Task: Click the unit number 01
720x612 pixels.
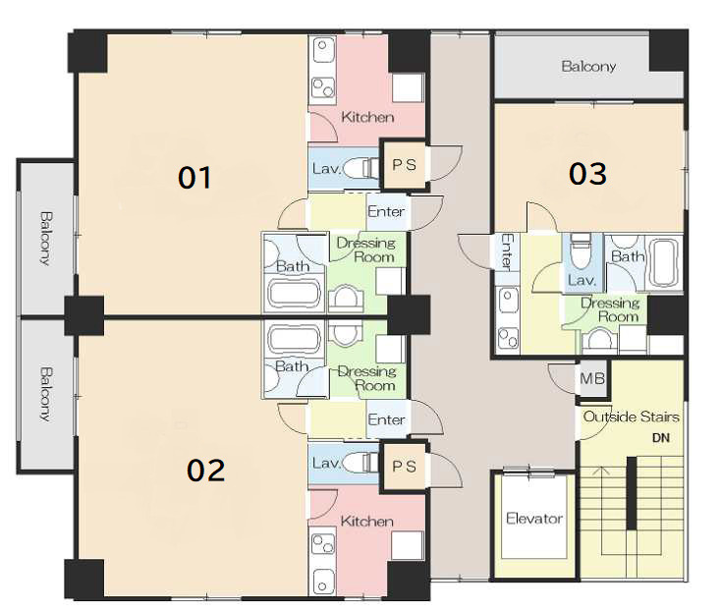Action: click(194, 178)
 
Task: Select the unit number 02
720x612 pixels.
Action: click(205, 471)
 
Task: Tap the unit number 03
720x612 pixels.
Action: click(587, 174)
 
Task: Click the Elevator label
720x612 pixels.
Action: click(534, 519)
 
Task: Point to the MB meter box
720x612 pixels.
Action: click(592, 379)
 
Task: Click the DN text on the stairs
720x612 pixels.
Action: click(661, 438)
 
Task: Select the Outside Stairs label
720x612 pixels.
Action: click(631, 417)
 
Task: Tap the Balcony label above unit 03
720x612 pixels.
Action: click(588, 66)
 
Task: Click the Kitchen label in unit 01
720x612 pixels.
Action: click(367, 117)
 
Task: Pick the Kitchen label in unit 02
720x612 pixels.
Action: click(367, 521)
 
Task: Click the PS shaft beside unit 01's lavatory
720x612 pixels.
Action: click(404, 165)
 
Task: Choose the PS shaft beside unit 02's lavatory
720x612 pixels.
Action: click(404, 467)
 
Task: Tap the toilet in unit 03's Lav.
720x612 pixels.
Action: click(581, 250)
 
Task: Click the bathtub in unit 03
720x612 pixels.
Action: click(664, 262)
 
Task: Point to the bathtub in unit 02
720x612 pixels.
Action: click(294, 339)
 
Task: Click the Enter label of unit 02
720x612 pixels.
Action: click(386, 419)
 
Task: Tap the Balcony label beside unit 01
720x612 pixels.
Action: click(45, 238)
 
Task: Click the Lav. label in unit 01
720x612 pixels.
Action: click(326, 169)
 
